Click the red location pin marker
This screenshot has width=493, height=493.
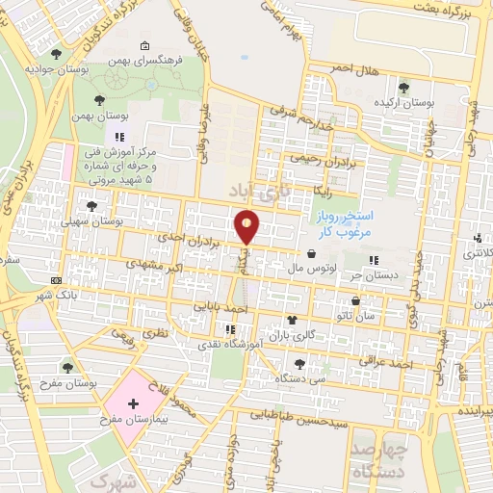tap(248, 227)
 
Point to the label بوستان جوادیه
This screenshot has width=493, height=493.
tap(51, 70)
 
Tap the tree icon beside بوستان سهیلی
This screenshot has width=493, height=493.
tap(92, 206)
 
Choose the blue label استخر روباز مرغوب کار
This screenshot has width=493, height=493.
tap(346, 226)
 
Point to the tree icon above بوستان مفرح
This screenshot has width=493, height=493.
tap(66, 367)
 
